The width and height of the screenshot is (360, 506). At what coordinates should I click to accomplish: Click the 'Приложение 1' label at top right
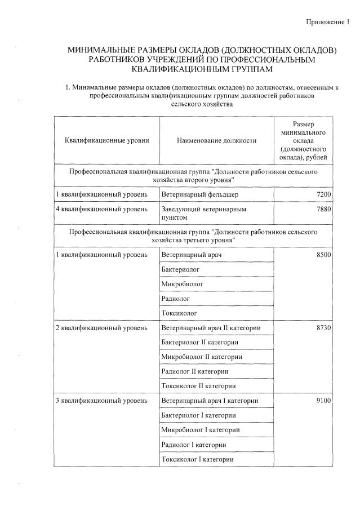tap(327, 22)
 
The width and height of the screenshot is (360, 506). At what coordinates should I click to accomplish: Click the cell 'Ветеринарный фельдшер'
tap(195, 194)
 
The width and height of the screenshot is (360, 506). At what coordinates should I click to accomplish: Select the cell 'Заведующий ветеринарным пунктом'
tap(203, 213)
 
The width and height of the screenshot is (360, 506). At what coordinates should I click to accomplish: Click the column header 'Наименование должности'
tap(216, 140)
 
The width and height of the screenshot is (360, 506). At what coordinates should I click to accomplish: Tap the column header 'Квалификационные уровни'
tap(106, 140)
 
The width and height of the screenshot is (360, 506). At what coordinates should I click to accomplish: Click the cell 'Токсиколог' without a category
tap(180, 313)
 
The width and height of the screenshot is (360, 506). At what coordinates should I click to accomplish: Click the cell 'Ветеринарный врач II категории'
tap(211, 327)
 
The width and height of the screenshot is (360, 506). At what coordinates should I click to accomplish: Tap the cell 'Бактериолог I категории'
tap(198, 415)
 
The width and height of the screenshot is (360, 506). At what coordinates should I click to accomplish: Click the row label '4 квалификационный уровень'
tap(101, 209)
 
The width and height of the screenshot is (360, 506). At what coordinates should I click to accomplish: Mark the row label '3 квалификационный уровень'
tap(101, 401)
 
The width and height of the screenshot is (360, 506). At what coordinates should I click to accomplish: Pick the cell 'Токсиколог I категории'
tap(197, 459)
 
